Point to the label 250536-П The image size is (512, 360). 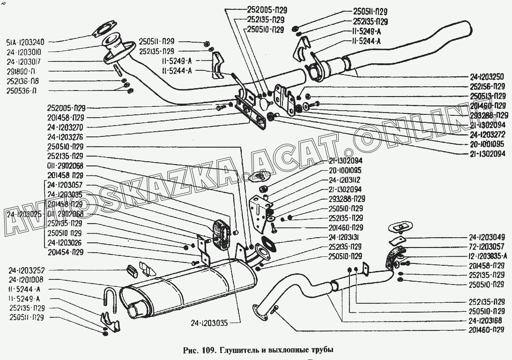22,91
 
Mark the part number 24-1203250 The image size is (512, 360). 487,77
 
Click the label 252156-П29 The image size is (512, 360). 487,87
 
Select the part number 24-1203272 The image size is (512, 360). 487,134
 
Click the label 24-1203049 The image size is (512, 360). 487,237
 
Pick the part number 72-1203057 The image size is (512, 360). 487,246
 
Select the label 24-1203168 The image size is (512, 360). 487,321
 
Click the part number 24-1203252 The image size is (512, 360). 27,270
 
